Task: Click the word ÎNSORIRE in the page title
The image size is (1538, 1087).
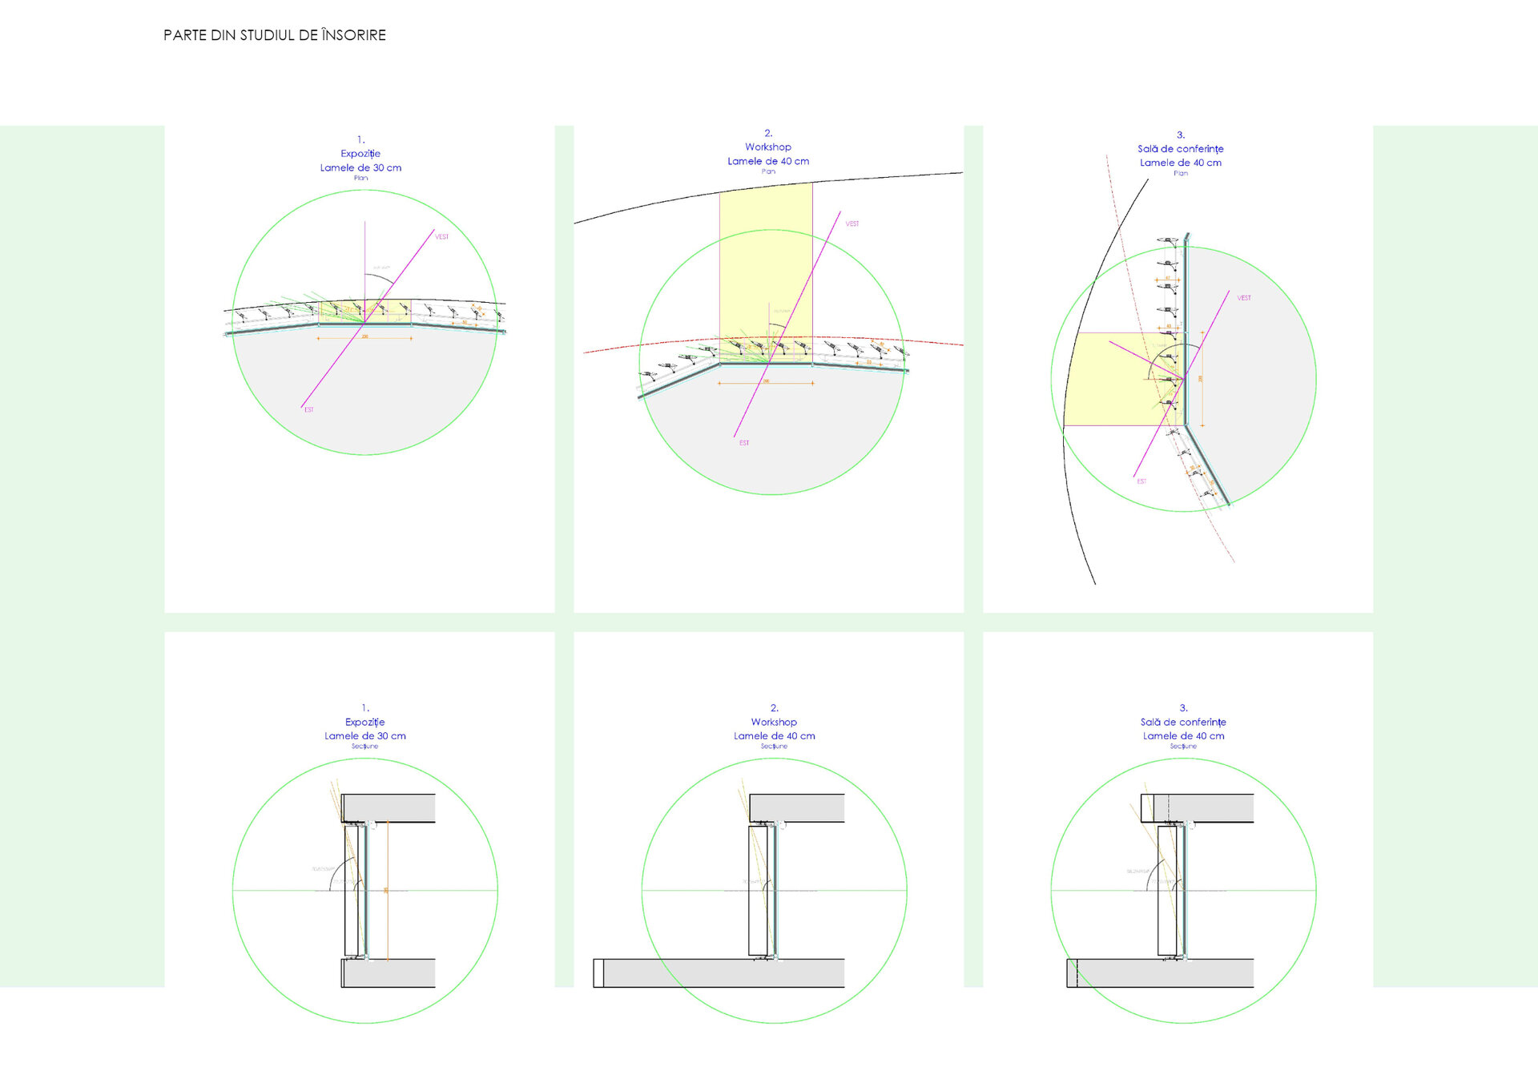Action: pyautogui.click(x=353, y=35)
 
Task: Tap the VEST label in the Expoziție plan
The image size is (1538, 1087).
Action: pyautogui.click(x=442, y=237)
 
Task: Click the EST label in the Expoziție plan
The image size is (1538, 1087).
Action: pyautogui.click(x=309, y=410)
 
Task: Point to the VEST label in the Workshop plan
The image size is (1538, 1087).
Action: pyautogui.click(x=852, y=224)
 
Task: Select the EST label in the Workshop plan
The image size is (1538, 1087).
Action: pyautogui.click(x=744, y=443)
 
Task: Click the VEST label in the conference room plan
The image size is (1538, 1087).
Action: pyautogui.click(x=1244, y=298)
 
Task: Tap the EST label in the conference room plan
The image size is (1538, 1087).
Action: pyautogui.click(x=1141, y=481)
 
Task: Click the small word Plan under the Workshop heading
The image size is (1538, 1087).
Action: pyautogui.click(x=768, y=171)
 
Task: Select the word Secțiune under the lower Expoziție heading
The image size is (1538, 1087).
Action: pyautogui.click(x=364, y=747)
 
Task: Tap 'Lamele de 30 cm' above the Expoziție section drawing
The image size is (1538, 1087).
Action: pyautogui.click(x=364, y=735)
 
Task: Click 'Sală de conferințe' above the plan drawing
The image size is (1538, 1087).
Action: pyautogui.click(x=1181, y=149)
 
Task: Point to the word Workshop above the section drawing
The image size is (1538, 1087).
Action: pyautogui.click(x=774, y=722)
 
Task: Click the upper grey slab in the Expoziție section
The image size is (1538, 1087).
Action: pyautogui.click(x=393, y=807)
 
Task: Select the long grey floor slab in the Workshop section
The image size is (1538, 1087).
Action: pyautogui.click(x=721, y=972)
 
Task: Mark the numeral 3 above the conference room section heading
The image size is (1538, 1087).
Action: pyautogui.click(x=1183, y=708)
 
